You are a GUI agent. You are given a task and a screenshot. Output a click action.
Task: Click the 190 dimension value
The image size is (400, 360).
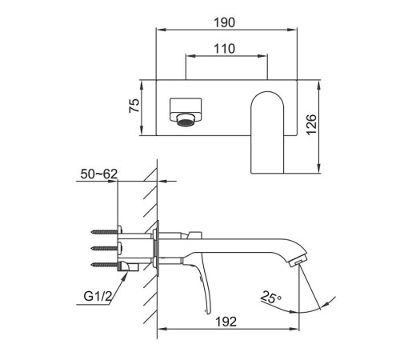(225, 22)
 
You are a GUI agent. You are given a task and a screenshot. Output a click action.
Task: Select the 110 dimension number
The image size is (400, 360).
(225, 49)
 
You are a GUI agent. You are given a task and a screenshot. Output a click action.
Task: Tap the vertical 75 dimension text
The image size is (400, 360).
(134, 106)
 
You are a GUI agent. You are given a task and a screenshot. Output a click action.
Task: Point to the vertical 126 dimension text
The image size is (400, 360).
(311, 125)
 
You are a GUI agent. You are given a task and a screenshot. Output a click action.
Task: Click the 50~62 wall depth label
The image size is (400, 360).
(99, 174)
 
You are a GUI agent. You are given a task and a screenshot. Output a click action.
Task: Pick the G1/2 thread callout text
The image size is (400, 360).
(98, 296)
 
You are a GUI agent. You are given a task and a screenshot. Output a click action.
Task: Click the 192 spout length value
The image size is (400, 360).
(226, 322)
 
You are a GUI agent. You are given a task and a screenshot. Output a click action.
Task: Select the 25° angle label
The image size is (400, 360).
(271, 298)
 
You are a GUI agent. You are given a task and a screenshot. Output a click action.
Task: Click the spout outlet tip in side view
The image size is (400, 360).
(298, 262)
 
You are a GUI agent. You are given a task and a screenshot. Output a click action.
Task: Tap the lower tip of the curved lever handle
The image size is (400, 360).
(208, 313)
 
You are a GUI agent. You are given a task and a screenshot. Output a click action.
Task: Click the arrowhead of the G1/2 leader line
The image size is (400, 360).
(125, 276)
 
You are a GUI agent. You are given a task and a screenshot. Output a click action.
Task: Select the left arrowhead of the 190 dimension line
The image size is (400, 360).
(161, 30)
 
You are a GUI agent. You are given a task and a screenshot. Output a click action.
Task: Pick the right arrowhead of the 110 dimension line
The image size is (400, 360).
(262, 56)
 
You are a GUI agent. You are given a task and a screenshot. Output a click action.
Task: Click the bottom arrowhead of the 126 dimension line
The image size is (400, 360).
(318, 169)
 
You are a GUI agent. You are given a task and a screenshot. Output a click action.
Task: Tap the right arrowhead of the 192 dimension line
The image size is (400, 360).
(294, 329)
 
